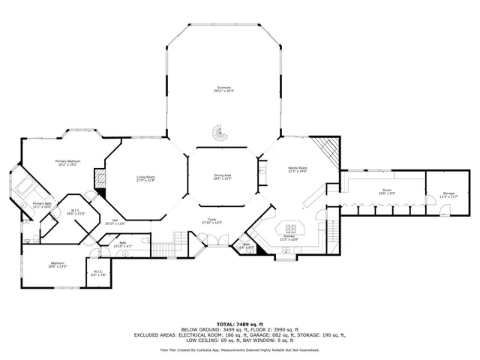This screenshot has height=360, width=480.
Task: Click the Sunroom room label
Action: [x=221, y=88]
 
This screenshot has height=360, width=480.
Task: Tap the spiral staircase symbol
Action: [x=219, y=133]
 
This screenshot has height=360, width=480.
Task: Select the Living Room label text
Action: [x=145, y=178]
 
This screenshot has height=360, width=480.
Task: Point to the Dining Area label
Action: [x=222, y=176]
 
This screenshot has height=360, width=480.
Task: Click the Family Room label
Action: [x=298, y=169]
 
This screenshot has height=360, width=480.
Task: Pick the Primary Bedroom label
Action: [x=68, y=162]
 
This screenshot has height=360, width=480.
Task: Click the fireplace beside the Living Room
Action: [x=98, y=180]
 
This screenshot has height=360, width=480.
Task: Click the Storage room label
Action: [x=448, y=194]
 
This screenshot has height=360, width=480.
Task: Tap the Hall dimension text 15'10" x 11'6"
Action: [x=114, y=223]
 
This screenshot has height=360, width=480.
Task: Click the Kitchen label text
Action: [x=289, y=238]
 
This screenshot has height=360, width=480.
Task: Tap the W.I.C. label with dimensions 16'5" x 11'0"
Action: [x=76, y=212]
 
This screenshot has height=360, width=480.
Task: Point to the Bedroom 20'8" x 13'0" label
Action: [x=58, y=264]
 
